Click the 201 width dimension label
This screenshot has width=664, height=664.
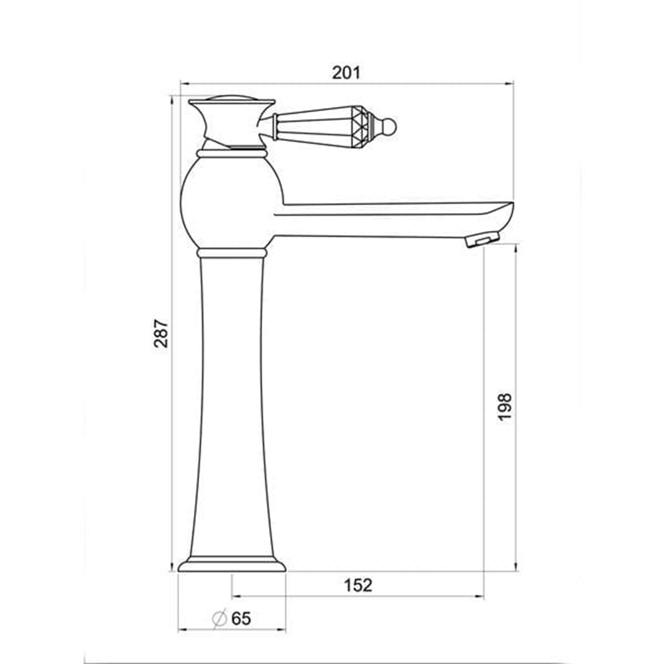[346, 73]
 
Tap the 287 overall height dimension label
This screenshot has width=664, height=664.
[161, 333]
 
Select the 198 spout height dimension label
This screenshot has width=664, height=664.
[505, 407]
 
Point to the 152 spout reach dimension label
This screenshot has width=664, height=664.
[358, 585]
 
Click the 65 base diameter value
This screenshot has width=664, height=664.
[242, 619]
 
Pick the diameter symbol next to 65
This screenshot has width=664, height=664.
[219, 619]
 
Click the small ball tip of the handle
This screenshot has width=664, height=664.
[389, 126]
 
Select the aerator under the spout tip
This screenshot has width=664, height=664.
[482, 240]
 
